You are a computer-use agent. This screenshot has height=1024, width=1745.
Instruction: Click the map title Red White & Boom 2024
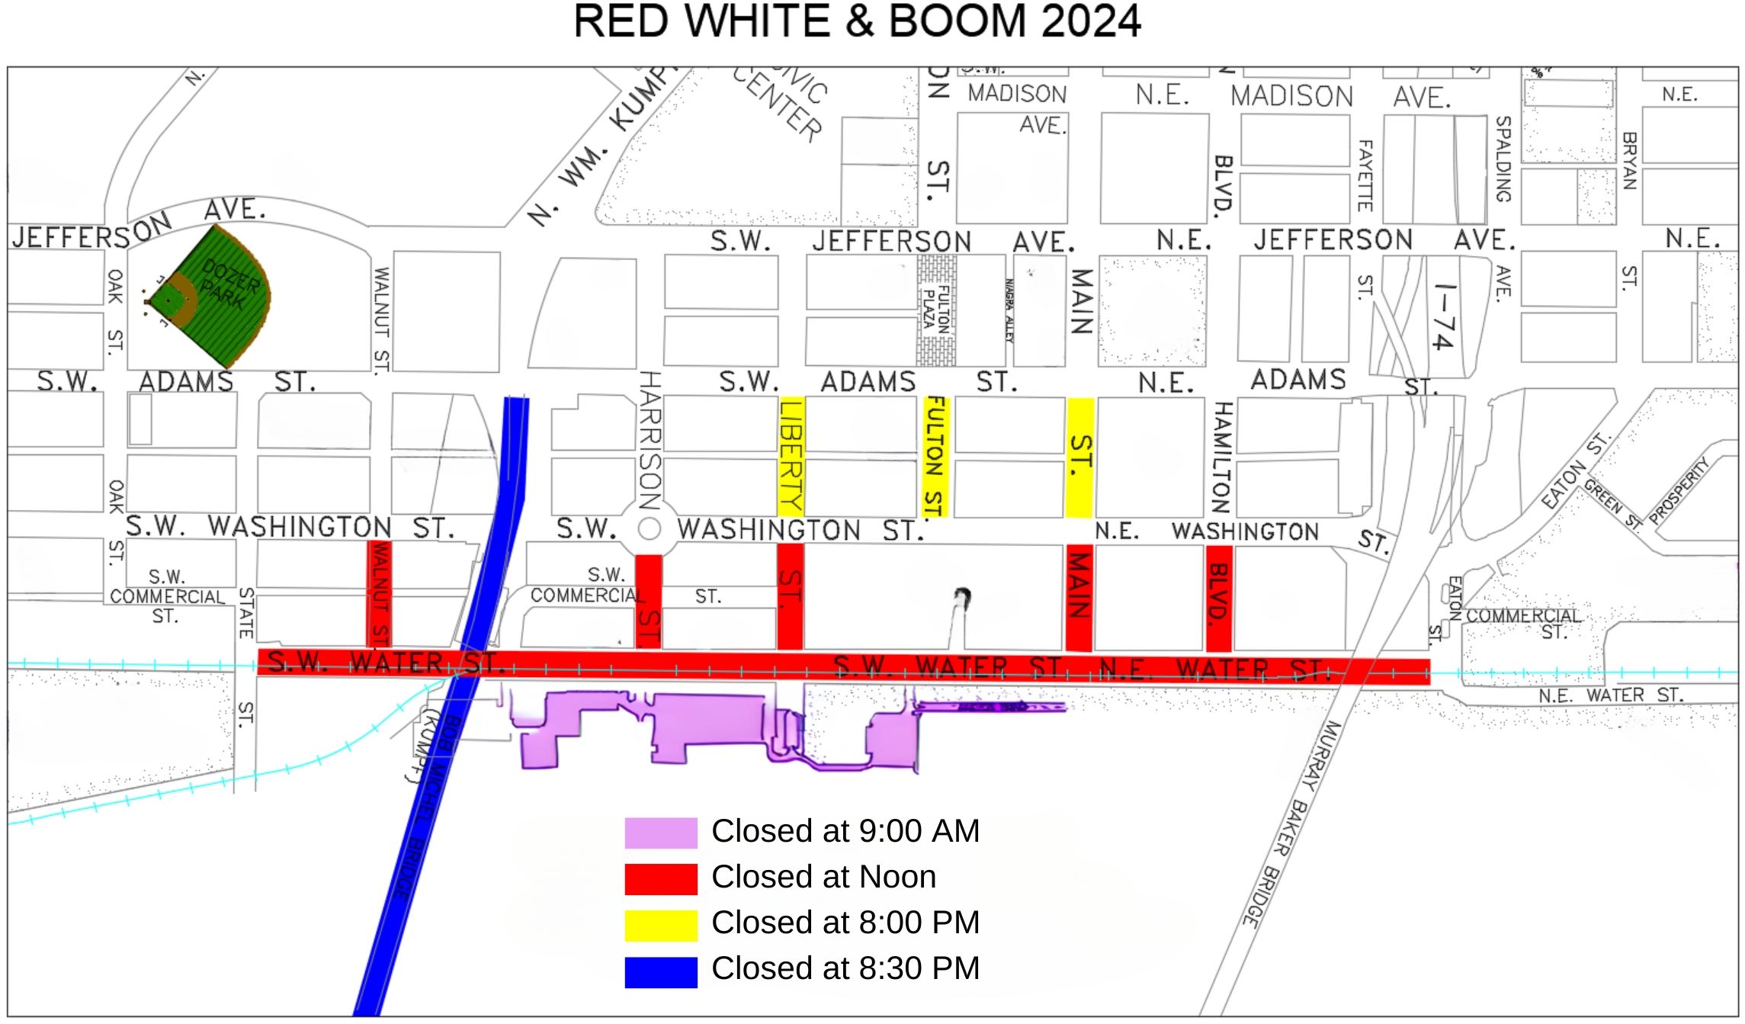click(x=857, y=21)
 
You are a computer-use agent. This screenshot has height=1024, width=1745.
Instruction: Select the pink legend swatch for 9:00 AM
click(x=660, y=833)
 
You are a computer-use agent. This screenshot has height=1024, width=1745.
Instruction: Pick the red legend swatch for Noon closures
click(x=660, y=878)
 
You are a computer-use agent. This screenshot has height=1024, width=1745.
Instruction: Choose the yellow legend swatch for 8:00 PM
click(x=660, y=925)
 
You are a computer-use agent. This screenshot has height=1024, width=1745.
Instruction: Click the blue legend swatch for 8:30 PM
click(x=660, y=971)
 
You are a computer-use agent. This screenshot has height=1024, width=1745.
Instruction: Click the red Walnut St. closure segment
click(x=379, y=593)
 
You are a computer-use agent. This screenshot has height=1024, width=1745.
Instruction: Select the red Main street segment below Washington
click(x=1079, y=597)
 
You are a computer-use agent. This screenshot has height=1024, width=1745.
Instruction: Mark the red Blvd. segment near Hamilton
click(x=1219, y=597)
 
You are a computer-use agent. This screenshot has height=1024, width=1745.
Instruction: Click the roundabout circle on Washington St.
click(x=649, y=528)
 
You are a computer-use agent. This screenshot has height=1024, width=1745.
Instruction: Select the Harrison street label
click(x=650, y=440)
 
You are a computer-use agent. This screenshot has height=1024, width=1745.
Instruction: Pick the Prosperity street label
click(x=1679, y=490)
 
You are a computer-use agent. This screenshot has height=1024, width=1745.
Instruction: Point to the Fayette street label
click(x=1365, y=175)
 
